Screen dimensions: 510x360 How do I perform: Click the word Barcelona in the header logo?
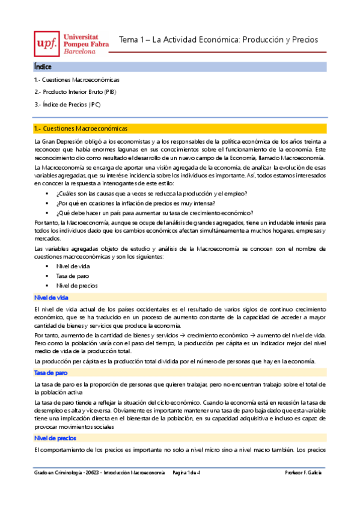[x=84, y=51]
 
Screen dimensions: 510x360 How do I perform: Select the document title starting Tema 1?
[x=218, y=40]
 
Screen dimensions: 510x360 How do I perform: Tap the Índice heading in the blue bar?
[x=43, y=67]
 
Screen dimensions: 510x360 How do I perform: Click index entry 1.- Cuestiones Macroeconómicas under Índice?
[x=77, y=79]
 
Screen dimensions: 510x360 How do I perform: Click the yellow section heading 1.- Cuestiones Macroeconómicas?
[x=81, y=128]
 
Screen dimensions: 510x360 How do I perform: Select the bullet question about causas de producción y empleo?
[x=151, y=193]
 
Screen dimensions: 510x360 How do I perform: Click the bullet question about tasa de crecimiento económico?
[x=154, y=212]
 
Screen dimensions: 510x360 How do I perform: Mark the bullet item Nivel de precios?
[x=76, y=285]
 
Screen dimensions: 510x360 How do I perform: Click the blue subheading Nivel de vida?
[x=50, y=297]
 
